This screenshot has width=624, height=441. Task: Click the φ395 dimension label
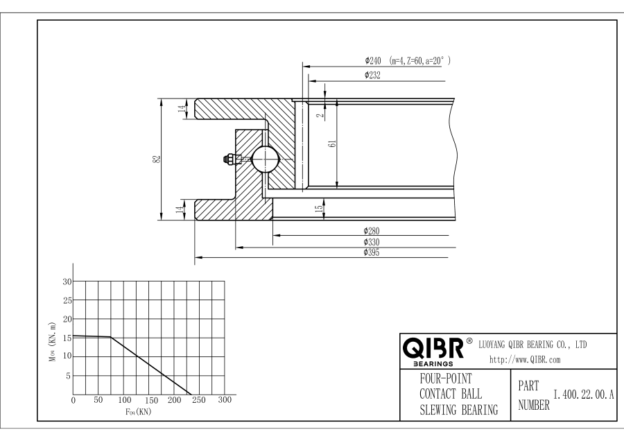(x=372, y=253)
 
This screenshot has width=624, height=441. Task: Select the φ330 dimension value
(x=372, y=242)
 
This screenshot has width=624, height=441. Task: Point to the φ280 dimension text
(x=372, y=231)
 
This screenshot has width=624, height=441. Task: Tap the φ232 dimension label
(x=372, y=75)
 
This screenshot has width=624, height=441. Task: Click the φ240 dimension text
(x=371, y=60)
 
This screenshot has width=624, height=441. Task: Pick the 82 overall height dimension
(x=157, y=159)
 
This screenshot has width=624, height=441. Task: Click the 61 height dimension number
(x=332, y=144)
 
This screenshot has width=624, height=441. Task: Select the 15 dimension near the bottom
(x=319, y=208)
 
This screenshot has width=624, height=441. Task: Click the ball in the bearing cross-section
(x=265, y=159)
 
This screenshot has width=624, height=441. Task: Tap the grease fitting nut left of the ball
(x=228, y=159)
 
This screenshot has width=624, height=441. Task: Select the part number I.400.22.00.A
(x=584, y=395)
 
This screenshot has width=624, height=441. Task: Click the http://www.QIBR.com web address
(x=525, y=359)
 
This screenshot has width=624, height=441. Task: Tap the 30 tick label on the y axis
(x=67, y=282)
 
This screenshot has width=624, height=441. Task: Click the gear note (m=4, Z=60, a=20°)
(x=420, y=60)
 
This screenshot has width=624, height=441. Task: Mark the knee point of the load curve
(x=111, y=338)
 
